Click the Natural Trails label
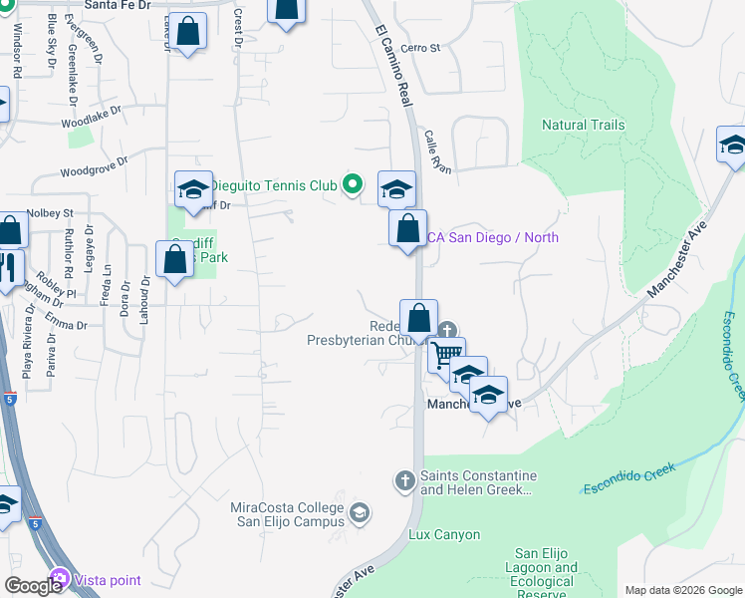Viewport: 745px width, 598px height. point(583,125)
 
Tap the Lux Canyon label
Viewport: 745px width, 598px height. point(444,535)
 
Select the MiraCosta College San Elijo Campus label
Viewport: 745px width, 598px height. point(287,513)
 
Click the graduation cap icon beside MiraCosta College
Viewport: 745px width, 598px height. point(360,513)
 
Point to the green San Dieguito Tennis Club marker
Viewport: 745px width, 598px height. point(351,183)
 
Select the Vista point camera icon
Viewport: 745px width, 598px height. point(60,579)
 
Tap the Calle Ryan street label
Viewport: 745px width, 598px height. point(438,151)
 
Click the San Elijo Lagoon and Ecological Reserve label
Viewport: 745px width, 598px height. point(545,573)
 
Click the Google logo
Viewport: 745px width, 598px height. point(33,585)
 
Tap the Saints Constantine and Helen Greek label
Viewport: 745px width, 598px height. point(478,482)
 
